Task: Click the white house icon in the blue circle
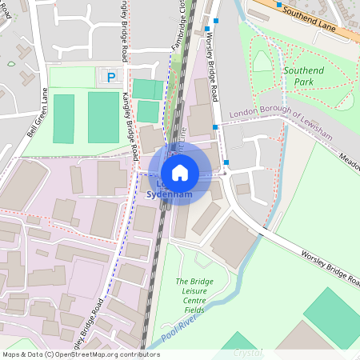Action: [180, 172]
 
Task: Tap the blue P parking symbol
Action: [111, 77]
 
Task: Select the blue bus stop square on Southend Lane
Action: [278, 5]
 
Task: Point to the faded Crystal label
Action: [247, 353]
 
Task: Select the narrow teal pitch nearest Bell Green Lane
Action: [63, 119]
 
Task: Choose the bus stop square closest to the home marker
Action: [226, 163]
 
